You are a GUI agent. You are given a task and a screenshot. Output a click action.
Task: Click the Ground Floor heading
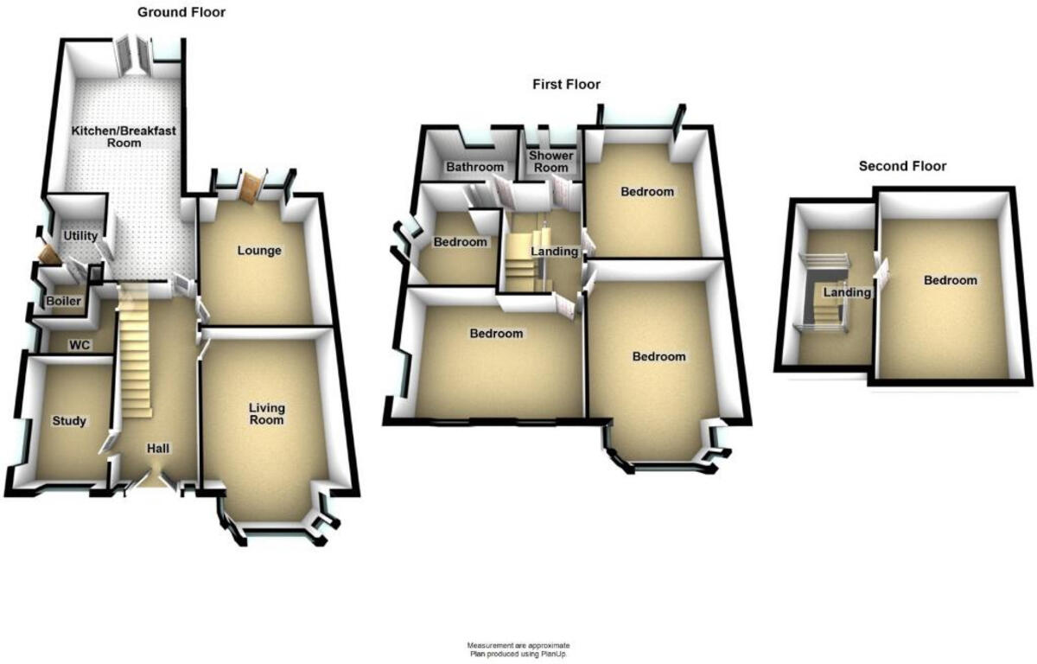pyautogui.click(x=182, y=12)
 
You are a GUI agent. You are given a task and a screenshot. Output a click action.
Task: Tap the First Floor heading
pyautogui.click(x=565, y=84)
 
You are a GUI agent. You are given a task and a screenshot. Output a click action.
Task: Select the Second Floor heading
pyautogui.click(x=902, y=166)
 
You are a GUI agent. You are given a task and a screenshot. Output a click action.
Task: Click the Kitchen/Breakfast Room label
pyautogui.click(x=124, y=137)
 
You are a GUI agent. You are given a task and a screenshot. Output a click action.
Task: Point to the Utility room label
pyautogui.click(x=80, y=236)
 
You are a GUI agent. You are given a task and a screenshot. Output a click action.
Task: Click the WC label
pyautogui.click(x=80, y=345)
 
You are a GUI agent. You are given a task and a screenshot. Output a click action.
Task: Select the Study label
pyautogui.click(x=69, y=421)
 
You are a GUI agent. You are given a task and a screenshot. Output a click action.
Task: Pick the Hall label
pyautogui.click(x=157, y=450)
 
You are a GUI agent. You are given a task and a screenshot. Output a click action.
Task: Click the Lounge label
pyautogui.click(x=259, y=251)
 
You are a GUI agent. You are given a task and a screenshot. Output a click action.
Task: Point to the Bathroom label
pyautogui.click(x=474, y=167)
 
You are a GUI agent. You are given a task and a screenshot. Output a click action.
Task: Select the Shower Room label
pyautogui.click(x=550, y=162)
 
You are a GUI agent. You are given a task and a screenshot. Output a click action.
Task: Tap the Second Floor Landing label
pyautogui.click(x=846, y=293)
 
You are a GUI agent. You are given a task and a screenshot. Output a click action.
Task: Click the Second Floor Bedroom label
pyautogui.click(x=950, y=280)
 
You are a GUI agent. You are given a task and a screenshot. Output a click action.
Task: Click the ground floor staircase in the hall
pyautogui.click(x=134, y=354)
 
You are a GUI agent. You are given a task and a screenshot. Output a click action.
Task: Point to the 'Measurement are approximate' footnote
pyautogui.click(x=518, y=646)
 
